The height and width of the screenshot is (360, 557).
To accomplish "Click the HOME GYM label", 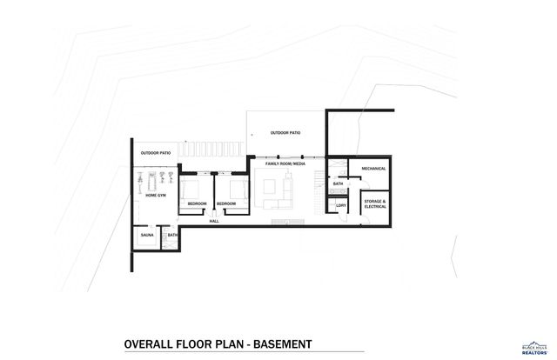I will (x=155, y=195).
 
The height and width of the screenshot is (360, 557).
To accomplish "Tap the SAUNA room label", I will (x=147, y=235).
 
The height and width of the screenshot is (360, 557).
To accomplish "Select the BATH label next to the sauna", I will (x=172, y=235).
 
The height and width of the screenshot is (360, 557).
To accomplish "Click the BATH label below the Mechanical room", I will (x=338, y=183).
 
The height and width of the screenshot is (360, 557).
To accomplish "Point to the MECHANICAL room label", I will (x=373, y=169).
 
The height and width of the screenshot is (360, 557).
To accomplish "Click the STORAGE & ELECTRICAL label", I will (x=375, y=204).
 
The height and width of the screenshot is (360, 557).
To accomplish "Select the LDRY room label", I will (x=340, y=205).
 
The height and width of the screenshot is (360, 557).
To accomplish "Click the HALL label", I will (x=213, y=221).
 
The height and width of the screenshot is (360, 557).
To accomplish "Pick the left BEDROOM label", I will (x=197, y=203).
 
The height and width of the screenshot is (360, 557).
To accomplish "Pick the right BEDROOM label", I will (x=226, y=203).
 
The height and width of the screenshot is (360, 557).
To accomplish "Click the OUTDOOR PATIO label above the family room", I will (x=285, y=133).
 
